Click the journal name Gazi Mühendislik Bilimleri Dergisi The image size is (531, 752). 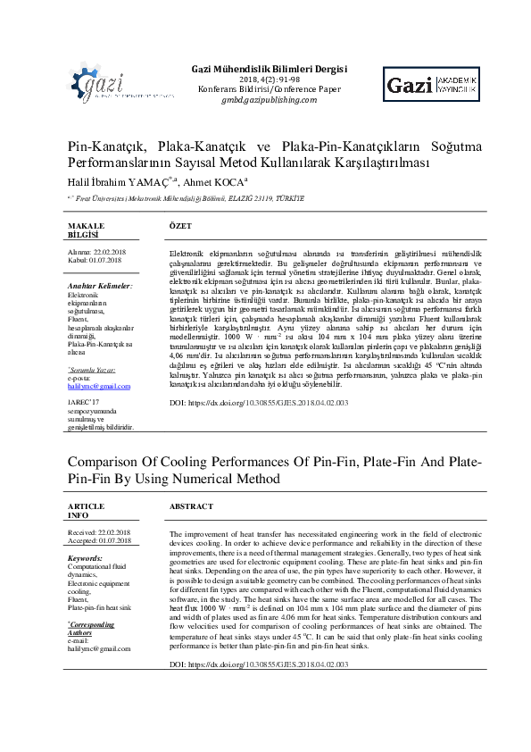(270, 69)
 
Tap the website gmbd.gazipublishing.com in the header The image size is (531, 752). (270, 101)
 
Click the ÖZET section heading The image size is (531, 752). (180, 227)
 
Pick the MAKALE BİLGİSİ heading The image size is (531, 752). (86, 230)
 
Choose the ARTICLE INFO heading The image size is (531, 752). (87, 510)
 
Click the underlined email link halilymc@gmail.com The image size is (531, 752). (99, 386)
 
